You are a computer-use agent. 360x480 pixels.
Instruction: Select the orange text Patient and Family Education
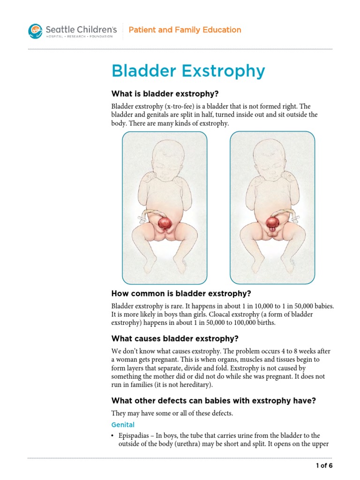pos(185,30)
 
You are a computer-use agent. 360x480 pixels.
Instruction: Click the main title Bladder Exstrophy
pos(188,71)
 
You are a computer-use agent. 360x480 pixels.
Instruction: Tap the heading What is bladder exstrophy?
pos(158,94)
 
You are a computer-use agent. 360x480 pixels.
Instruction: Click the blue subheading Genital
pos(123,425)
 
